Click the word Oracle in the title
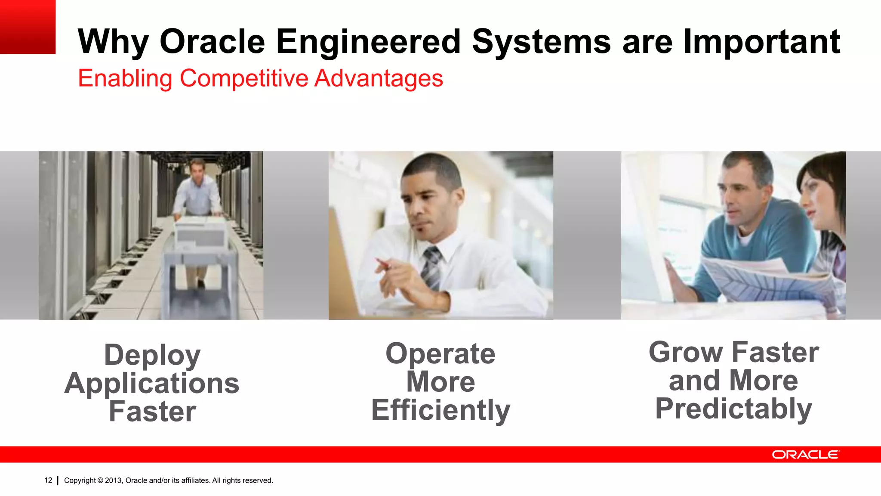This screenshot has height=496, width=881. pos(212,41)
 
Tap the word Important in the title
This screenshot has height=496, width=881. pos(761,41)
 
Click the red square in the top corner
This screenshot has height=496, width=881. pos(28,27)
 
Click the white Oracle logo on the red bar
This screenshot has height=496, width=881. pos(805,455)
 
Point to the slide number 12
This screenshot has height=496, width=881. pos(48,480)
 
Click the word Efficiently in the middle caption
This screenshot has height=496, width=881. pos(440,410)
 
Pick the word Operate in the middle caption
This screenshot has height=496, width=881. pos(440,353)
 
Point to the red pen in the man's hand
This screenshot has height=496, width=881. pos(382,263)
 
